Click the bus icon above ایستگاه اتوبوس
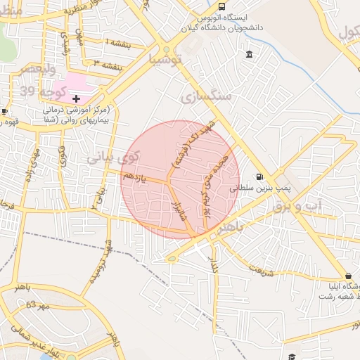point(222,6)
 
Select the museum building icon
point(250,55)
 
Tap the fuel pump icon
point(260,176)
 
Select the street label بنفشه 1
point(117,44)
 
